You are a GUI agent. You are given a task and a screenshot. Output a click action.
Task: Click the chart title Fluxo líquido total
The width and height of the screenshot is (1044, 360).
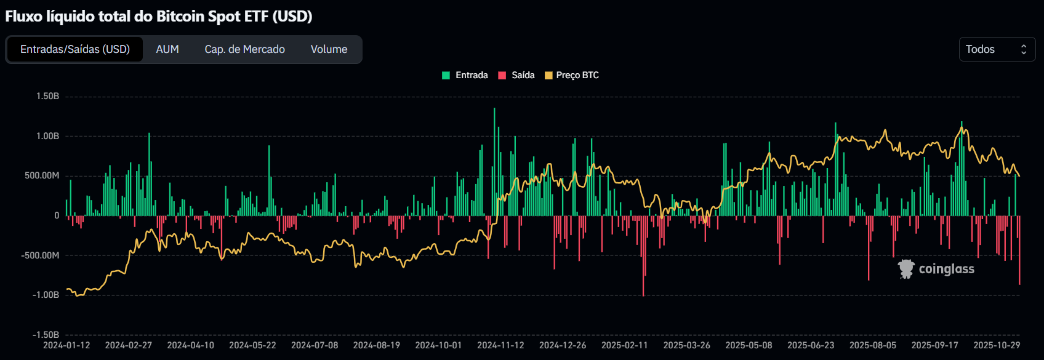click(158, 17)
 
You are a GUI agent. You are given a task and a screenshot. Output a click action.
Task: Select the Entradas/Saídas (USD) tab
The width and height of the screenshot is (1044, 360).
click(75, 49)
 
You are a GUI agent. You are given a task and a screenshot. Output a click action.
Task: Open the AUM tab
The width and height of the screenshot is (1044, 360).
click(167, 49)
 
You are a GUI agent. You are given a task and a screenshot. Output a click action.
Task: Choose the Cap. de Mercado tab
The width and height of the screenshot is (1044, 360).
click(244, 49)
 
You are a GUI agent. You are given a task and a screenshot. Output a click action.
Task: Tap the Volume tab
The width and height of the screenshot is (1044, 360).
click(329, 49)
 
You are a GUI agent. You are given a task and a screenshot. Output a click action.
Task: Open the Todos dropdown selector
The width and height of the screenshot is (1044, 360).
click(997, 49)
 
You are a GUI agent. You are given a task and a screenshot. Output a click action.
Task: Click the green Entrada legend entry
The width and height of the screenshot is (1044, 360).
click(465, 75)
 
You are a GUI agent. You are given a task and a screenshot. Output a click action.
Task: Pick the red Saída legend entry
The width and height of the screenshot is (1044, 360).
click(516, 75)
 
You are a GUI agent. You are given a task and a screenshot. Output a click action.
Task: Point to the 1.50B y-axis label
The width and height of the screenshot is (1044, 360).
click(47, 96)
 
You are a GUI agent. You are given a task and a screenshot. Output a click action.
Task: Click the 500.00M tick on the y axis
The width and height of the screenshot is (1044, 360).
click(42, 175)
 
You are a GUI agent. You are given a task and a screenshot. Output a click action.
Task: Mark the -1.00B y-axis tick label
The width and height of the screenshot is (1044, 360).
click(46, 295)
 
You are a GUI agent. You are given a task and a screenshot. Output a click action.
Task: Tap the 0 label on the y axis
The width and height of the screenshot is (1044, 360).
click(57, 215)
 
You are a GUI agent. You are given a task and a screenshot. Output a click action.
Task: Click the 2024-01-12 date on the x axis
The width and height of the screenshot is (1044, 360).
click(66, 345)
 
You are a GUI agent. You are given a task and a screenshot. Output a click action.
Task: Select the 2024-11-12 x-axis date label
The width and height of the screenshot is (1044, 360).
click(500, 345)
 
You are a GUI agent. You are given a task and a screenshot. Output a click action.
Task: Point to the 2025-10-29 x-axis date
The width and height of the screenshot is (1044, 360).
click(997, 345)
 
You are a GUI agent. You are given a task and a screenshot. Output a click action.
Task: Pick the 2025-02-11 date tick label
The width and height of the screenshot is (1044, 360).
click(624, 345)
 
